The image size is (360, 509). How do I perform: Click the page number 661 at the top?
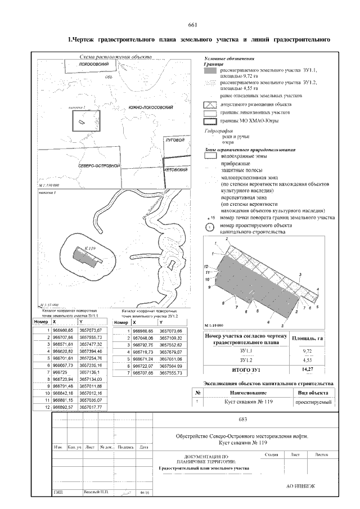[x=191, y=25]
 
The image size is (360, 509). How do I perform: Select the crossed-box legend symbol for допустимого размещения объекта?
[x=209, y=105]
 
